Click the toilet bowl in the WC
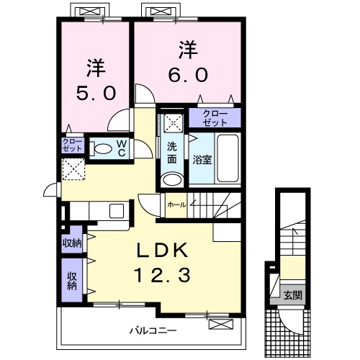click(x=101, y=149)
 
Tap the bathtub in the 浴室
click(x=228, y=158)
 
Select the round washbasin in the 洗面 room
click(x=171, y=179)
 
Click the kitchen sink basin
click(x=117, y=211)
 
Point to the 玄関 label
click(x=292, y=295)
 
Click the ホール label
click(x=176, y=204)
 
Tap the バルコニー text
click(x=153, y=330)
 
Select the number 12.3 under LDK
click(x=163, y=275)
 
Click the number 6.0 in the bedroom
click(x=188, y=75)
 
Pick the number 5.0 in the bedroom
click(x=96, y=94)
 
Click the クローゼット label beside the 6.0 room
click(x=215, y=118)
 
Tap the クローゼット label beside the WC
click(x=72, y=145)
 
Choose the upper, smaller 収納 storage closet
click(x=72, y=239)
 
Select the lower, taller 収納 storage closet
click(x=72, y=280)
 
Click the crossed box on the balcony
click(x=221, y=324)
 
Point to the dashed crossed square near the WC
click(x=73, y=169)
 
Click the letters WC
click(x=122, y=148)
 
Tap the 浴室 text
click(x=202, y=160)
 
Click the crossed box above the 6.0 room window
click(x=161, y=11)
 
